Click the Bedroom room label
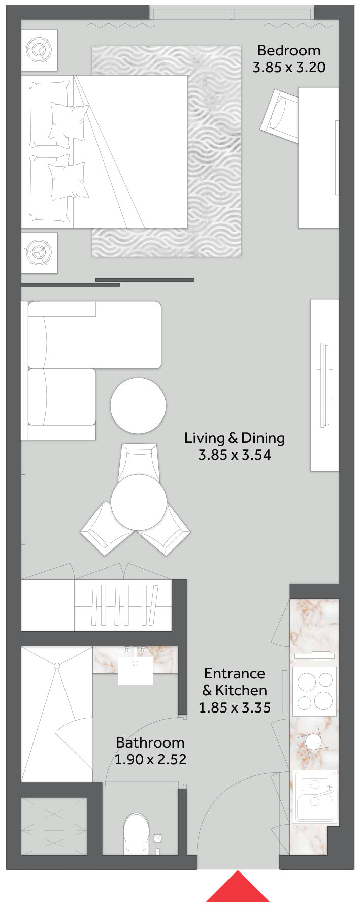point(289,50)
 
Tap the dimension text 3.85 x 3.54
point(235,455)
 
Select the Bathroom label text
point(150,742)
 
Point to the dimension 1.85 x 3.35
point(235,707)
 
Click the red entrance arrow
point(237,888)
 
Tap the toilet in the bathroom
point(137,832)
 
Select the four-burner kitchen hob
point(315,691)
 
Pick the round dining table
point(139,502)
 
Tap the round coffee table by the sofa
point(138,406)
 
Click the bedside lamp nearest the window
point(39,50)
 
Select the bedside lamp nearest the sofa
point(39,252)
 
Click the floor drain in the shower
point(57,666)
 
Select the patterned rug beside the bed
point(166,151)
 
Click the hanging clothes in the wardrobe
point(123,605)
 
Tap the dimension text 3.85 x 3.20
point(289,67)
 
